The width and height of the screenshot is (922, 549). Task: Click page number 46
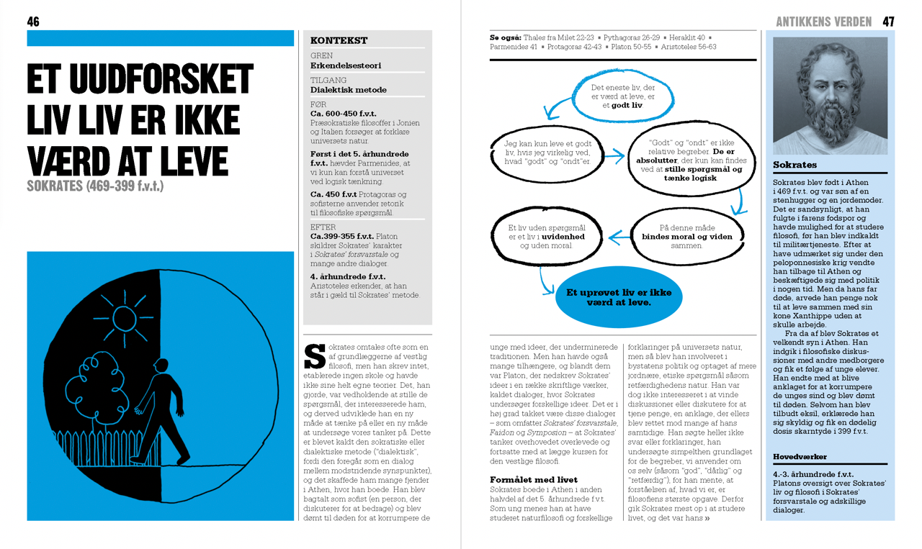click(x=33, y=22)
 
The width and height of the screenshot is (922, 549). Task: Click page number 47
click(x=888, y=22)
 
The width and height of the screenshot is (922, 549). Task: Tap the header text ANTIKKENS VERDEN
click(x=823, y=22)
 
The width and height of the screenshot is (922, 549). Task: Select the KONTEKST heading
click(x=339, y=41)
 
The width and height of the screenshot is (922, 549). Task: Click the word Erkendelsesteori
click(x=346, y=65)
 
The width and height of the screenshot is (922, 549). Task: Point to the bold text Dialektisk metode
click(x=349, y=90)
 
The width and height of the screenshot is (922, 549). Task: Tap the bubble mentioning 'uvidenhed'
click(x=547, y=236)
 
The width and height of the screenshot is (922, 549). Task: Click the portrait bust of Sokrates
click(x=829, y=96)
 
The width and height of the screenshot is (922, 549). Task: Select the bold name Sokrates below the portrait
click(x=795, y=165)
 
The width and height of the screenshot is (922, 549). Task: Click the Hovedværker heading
click(x=800, y=456)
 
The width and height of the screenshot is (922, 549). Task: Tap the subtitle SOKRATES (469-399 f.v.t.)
click(x=95, y=186)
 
